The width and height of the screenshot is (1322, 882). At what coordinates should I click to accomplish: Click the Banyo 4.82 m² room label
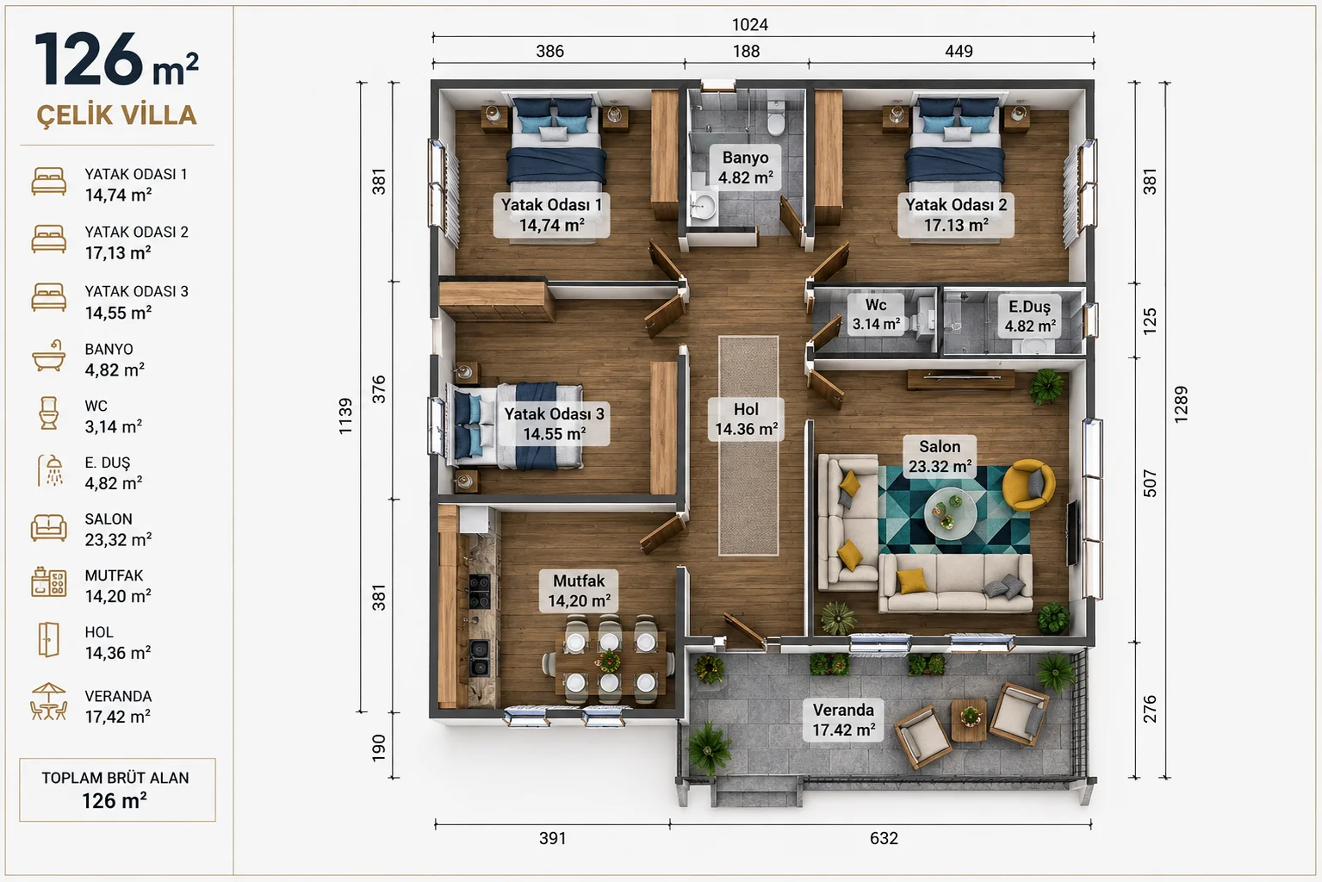pos(745,167)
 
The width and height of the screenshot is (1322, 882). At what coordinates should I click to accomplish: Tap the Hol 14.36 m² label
pos(746,419)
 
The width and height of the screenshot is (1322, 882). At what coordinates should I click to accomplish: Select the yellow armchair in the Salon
pos(1028,485)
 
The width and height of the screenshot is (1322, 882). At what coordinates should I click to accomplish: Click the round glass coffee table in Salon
pos(950,513)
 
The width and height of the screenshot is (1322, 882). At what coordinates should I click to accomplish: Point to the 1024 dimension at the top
pos(750,25)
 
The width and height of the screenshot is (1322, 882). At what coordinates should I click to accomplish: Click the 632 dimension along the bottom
pos(884,838)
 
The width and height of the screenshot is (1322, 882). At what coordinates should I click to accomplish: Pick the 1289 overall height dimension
pos(1181,405)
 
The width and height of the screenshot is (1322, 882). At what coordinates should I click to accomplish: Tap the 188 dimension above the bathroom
pos(747,52)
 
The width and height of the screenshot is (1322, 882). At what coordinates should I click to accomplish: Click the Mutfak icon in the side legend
pos(48,582)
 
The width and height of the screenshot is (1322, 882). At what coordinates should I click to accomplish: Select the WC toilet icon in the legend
pos(48,413)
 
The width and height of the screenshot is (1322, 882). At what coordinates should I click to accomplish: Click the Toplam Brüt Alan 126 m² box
pos(117,790)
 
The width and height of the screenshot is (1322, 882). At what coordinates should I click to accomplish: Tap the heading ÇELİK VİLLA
pos(117,115)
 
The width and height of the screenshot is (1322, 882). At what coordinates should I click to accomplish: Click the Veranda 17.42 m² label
pos(843,720)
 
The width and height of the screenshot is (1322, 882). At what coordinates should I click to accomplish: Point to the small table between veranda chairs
pos(969,720)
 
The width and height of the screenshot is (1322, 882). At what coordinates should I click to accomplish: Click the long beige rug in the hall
pos(748,445)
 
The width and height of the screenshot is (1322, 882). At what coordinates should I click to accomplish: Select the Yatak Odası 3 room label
pos(554,424)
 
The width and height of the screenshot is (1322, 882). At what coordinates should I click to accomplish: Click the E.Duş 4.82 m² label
pos(1030,316)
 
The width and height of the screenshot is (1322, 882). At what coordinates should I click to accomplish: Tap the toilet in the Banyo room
pos(775,117)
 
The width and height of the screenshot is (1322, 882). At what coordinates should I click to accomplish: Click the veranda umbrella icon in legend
pos(48,702)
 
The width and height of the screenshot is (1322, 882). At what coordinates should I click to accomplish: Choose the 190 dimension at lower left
pos(379,748)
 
